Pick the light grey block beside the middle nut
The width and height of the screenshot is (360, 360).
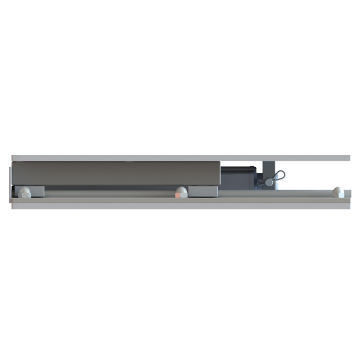click(203, 192)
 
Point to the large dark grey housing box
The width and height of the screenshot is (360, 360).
click(115, 173)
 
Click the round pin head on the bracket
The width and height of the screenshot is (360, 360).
click(269, 182)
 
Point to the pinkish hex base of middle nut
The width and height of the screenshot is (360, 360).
click(179, 195)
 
